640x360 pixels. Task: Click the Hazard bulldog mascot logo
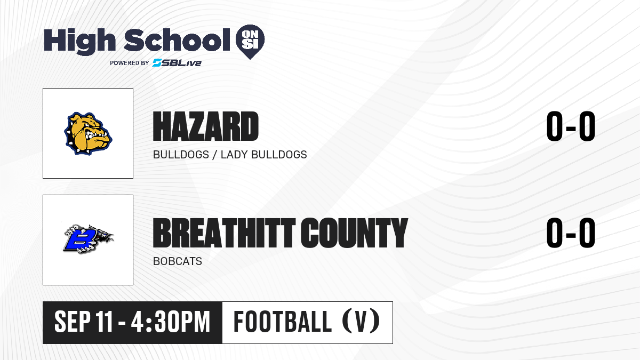pyautogui.click(x=88, y=133)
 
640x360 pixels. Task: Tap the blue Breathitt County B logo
pyautogui.click(x=88, y=239)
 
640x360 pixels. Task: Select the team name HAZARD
pyautogui.click(x=206, y=126)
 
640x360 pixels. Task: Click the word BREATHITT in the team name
pyautogui.click(x=225, y=233)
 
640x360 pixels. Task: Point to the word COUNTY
pyautogui.click(x=354, y=233)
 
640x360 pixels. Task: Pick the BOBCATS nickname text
pyautogui.click(x=178, y=261)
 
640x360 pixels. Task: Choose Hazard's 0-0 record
pyautogui.click(x=571, y=126)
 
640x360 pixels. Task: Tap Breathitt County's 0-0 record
pyautogui.click(x=571, y=233)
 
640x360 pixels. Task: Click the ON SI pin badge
pyautogui.click(x=250, y=41)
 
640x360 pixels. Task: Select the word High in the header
pyautogui.click(x=80, y=41)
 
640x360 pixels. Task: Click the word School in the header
pyautogui.click(x=177, y=40)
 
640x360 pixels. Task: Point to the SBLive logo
pyautogui.click(x=177, y=63)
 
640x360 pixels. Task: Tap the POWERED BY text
pyautogui.click(x=130, y=63)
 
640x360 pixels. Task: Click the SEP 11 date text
pyautogui.click(x=83, y=322)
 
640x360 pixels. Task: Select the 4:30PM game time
pyautogui.click(x=171, y=322)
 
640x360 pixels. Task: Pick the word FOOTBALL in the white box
pyautogui.click(x=282, y=322)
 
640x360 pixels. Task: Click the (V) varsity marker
pyautogui.click(x=361, y=322)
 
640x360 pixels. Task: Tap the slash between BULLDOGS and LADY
pyautogui.click(x=214, y=155)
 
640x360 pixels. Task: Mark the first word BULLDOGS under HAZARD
pyautogui.click(x=181, y=155)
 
